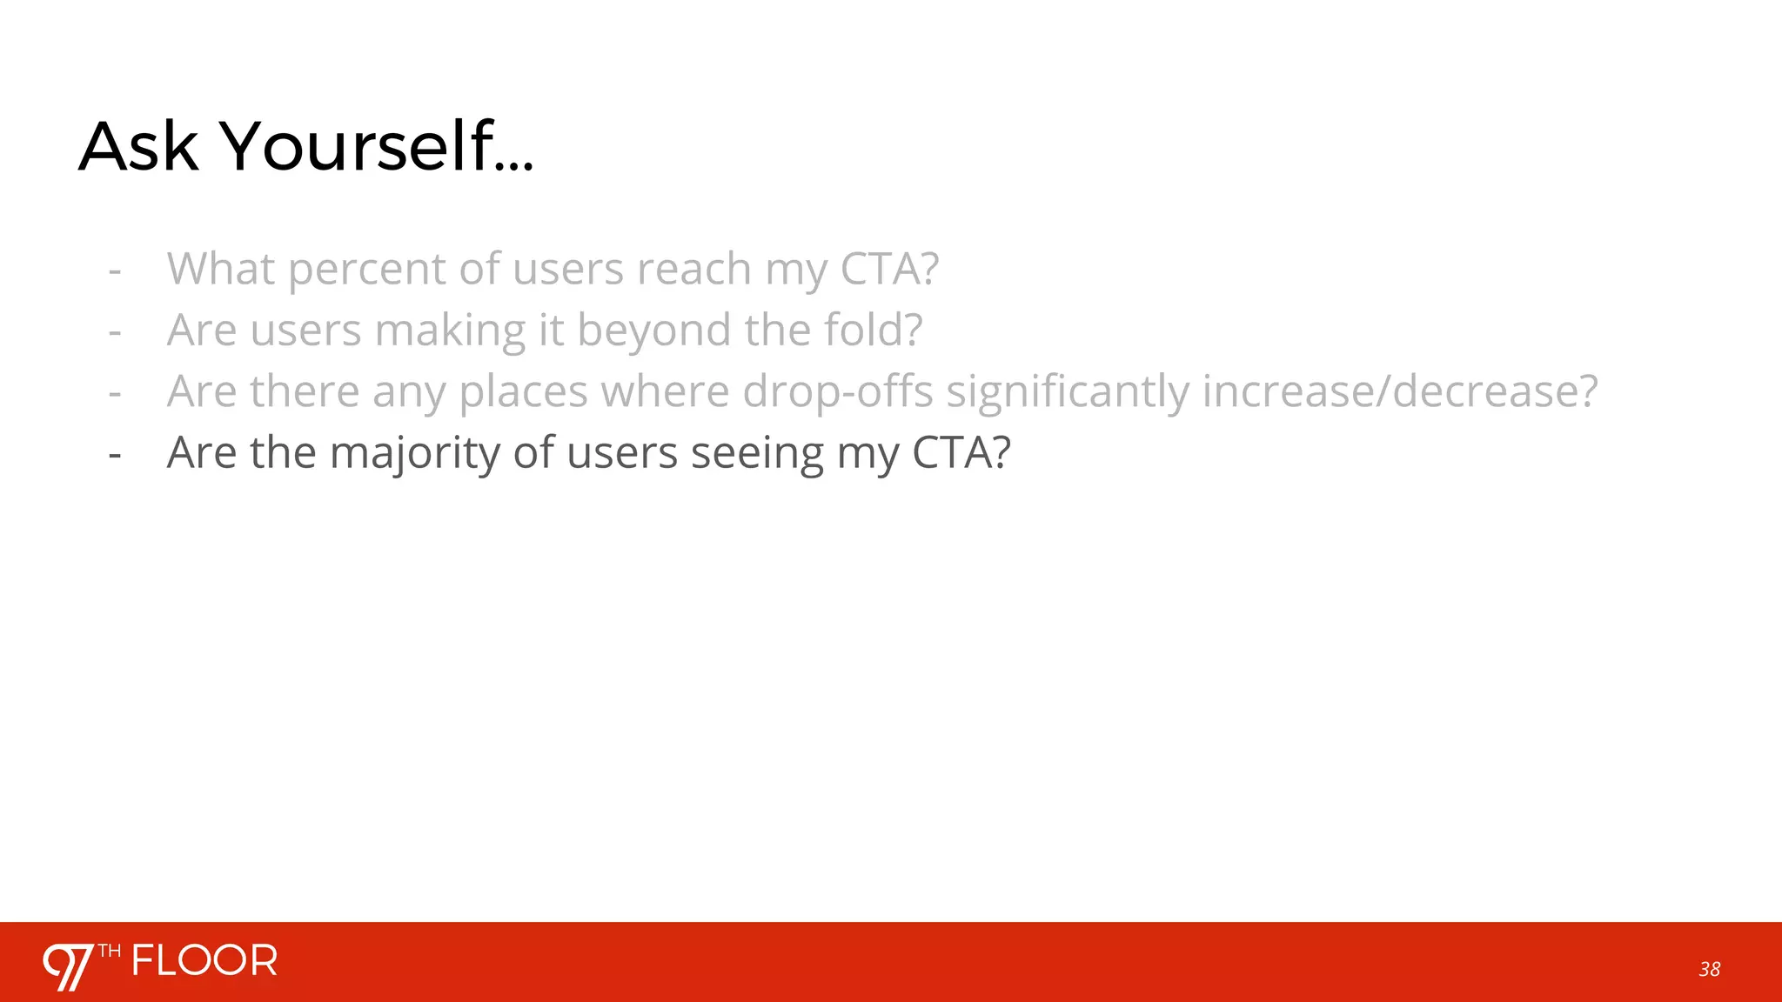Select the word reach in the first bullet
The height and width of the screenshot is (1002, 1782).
693,269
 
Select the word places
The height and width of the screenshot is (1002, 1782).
524,392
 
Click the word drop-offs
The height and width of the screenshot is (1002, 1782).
838,392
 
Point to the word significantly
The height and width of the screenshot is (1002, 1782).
1068,392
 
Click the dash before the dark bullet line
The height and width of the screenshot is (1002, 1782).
114,455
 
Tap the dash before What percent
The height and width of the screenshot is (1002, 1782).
114,271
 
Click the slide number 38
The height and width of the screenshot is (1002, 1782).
1709,969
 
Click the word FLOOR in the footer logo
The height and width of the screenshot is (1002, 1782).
205,961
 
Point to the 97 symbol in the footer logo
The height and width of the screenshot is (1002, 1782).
68,966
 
